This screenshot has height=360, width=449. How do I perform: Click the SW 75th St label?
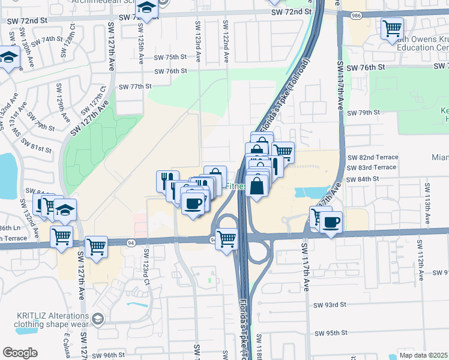(170, 57)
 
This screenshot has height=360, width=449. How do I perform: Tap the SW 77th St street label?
(135, 86)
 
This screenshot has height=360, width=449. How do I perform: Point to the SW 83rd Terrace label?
(372, 167)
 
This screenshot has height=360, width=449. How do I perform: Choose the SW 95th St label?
(331, 333)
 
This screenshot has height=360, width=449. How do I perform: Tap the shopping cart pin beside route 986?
(392, 28)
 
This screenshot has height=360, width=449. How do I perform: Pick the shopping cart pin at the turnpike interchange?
(227, 239)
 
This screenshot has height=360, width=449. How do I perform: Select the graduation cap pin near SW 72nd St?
(146, 9)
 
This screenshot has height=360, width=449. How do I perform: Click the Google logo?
(20, 353)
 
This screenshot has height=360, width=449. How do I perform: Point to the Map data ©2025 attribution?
(424, 355)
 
